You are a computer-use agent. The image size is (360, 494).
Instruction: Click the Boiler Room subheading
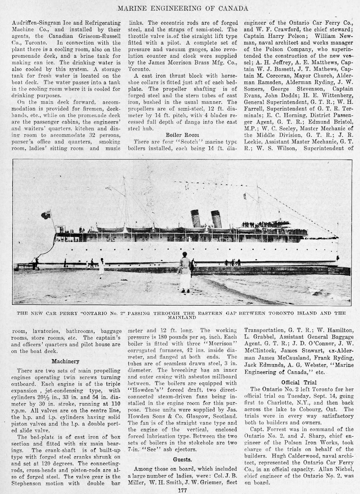pyautogui.click(x=179, y=134)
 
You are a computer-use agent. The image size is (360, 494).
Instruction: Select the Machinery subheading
pyautogui.click(x=65, y=361)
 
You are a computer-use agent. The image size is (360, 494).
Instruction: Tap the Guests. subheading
pyautogui.click(x=179, y=460)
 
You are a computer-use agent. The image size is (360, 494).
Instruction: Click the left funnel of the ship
pyautogui.click(x=196, y=218)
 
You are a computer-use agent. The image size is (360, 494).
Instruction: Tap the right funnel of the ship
pyautogui.click(x=216, y=219)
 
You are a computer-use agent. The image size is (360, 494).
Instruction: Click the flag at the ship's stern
pyautogui.click(x=46, y=215)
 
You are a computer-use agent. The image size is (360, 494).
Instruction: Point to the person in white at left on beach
pyautogui.click(x=101, y=268)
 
